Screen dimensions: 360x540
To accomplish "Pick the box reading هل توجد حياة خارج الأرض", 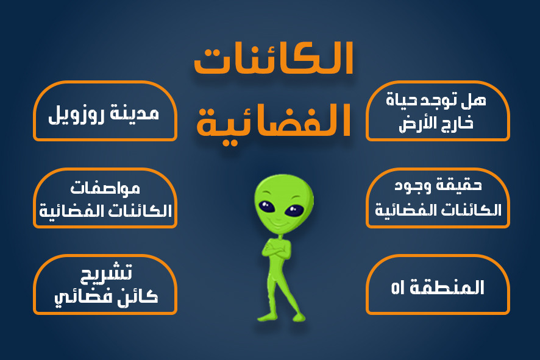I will click(438, 113).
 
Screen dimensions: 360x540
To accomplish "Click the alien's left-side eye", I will click(268, 205).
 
